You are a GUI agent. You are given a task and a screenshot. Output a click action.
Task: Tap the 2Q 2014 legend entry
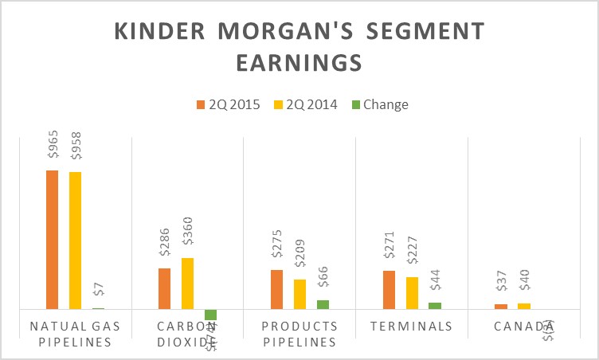pos(307,104)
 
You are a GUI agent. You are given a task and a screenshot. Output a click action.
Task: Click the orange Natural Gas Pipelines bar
pos(52,239)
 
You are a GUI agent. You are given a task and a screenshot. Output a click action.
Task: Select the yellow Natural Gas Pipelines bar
pos(75,240)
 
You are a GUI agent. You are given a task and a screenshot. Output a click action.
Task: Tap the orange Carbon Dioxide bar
pos(164,288)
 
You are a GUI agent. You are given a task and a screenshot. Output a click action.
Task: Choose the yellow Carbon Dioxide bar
pos(187,283)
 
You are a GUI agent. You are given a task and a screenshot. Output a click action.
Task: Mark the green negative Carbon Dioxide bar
pos(210,315)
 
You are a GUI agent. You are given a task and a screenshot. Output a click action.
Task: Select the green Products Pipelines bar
pos(323,304)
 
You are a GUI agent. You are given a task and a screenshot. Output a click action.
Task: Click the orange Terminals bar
pos(389,289)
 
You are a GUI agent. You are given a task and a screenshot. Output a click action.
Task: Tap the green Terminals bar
pos(435,305)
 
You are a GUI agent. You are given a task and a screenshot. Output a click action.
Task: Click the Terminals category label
pos(412,327)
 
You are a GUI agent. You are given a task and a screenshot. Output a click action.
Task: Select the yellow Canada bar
pos(524,306)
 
